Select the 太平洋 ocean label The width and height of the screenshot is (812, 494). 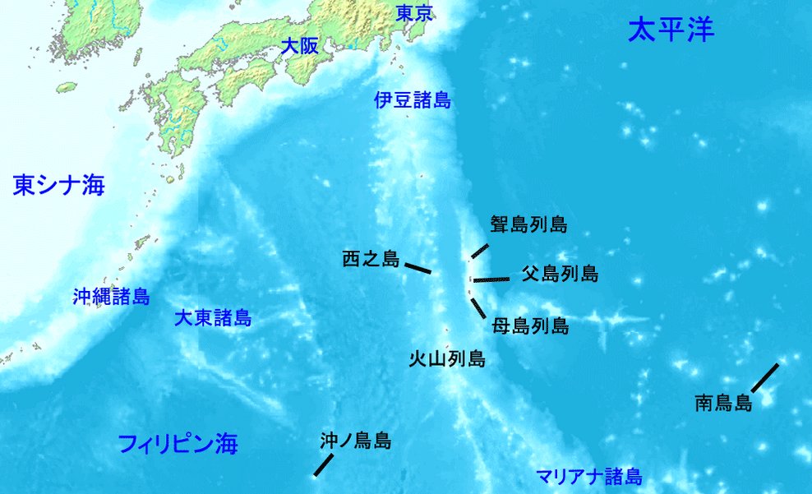[671, 30]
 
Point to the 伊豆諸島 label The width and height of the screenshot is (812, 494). [413, 101]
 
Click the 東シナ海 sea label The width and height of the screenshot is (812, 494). [59, 186]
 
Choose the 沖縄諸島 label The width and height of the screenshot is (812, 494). [111, 297]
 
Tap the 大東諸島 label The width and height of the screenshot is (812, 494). [213, 318]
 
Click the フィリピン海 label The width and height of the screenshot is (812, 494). [178, 445]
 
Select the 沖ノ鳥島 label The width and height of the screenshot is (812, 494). [355, 441]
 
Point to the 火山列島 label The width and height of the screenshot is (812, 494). [446, 359]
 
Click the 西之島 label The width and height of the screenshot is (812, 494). [371, 261]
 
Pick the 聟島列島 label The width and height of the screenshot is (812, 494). [528, 224]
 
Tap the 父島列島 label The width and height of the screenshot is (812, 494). [560, 275]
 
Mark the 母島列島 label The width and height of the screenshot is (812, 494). [530, 325]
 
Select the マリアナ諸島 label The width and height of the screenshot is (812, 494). [588, 476]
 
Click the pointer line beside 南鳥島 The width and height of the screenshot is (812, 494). [764, 377]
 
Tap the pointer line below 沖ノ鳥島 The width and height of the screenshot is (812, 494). [323, 464]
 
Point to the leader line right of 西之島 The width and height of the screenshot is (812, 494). [418, 268]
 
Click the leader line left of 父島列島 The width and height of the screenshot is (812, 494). [491, 279]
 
